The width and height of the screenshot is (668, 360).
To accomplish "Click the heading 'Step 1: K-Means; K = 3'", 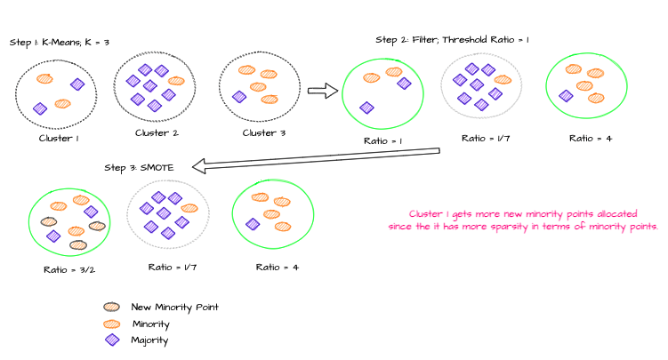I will point(59,42).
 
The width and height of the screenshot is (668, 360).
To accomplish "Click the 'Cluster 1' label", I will point(59,139).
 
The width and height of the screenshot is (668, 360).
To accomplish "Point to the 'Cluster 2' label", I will point(157,133).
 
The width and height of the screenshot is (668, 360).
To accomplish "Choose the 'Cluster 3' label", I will point(264,133).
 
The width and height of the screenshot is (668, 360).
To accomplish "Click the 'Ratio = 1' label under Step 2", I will point(382,140).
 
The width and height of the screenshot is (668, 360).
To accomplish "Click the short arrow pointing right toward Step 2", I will point(322,90).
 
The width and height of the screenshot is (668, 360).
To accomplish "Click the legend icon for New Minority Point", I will point(111,307).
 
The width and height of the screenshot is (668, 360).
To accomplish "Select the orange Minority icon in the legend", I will point(111,324).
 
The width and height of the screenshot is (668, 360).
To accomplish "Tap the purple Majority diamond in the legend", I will point(111,340).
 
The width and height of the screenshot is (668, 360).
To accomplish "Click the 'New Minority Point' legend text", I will point(174,307).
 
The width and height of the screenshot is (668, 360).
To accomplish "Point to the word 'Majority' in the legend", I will point(149,340).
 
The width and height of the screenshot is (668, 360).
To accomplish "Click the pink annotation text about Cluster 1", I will point(523,220).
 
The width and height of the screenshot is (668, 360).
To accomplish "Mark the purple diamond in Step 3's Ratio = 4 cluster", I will point(253,224).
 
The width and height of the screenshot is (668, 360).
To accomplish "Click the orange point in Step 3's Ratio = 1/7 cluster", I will point(189,208).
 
